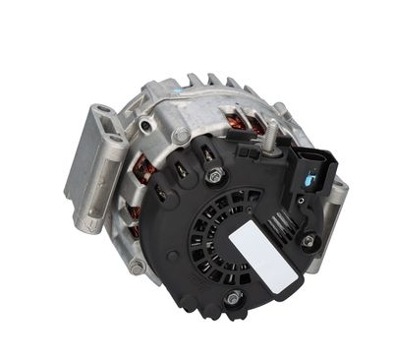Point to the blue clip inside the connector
(309, 180)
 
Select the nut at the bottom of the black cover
(233, 297)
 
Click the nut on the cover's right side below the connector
(309, 240)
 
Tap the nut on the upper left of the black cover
(214, 177)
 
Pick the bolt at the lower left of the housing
(137, 265)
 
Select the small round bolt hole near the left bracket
(146, 125)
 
